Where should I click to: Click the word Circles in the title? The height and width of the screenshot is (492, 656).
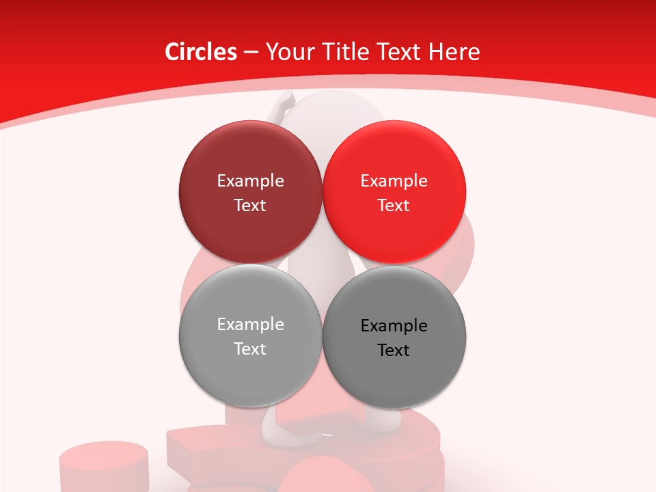pyautogui.click(x=200, y=52)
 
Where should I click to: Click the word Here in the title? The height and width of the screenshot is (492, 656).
pyautogui.click(x=454, y=52)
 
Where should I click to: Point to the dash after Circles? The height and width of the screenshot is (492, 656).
pyautogui.click(x=251, y=53)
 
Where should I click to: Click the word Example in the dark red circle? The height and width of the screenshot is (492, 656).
pyautogui.click(x=250, y=181)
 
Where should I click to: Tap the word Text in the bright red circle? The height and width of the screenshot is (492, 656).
pyautogui.click(x=394, y=206)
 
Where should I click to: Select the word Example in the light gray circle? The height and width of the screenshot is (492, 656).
pyautogui.click(x=250, y=325)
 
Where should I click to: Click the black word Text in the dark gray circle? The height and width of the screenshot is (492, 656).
pyautogui.click(x=394, y=351)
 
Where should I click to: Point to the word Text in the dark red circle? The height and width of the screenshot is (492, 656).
pyautogui.click(x=250, y=206)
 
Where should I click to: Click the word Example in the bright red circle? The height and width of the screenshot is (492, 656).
pyautogui.click(x=394, y=181)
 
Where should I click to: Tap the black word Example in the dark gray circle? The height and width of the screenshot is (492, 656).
pyautogui.click(x=394, y=326)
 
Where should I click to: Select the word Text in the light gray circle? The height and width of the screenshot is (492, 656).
pyautogui.click(x=250, y=349)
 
